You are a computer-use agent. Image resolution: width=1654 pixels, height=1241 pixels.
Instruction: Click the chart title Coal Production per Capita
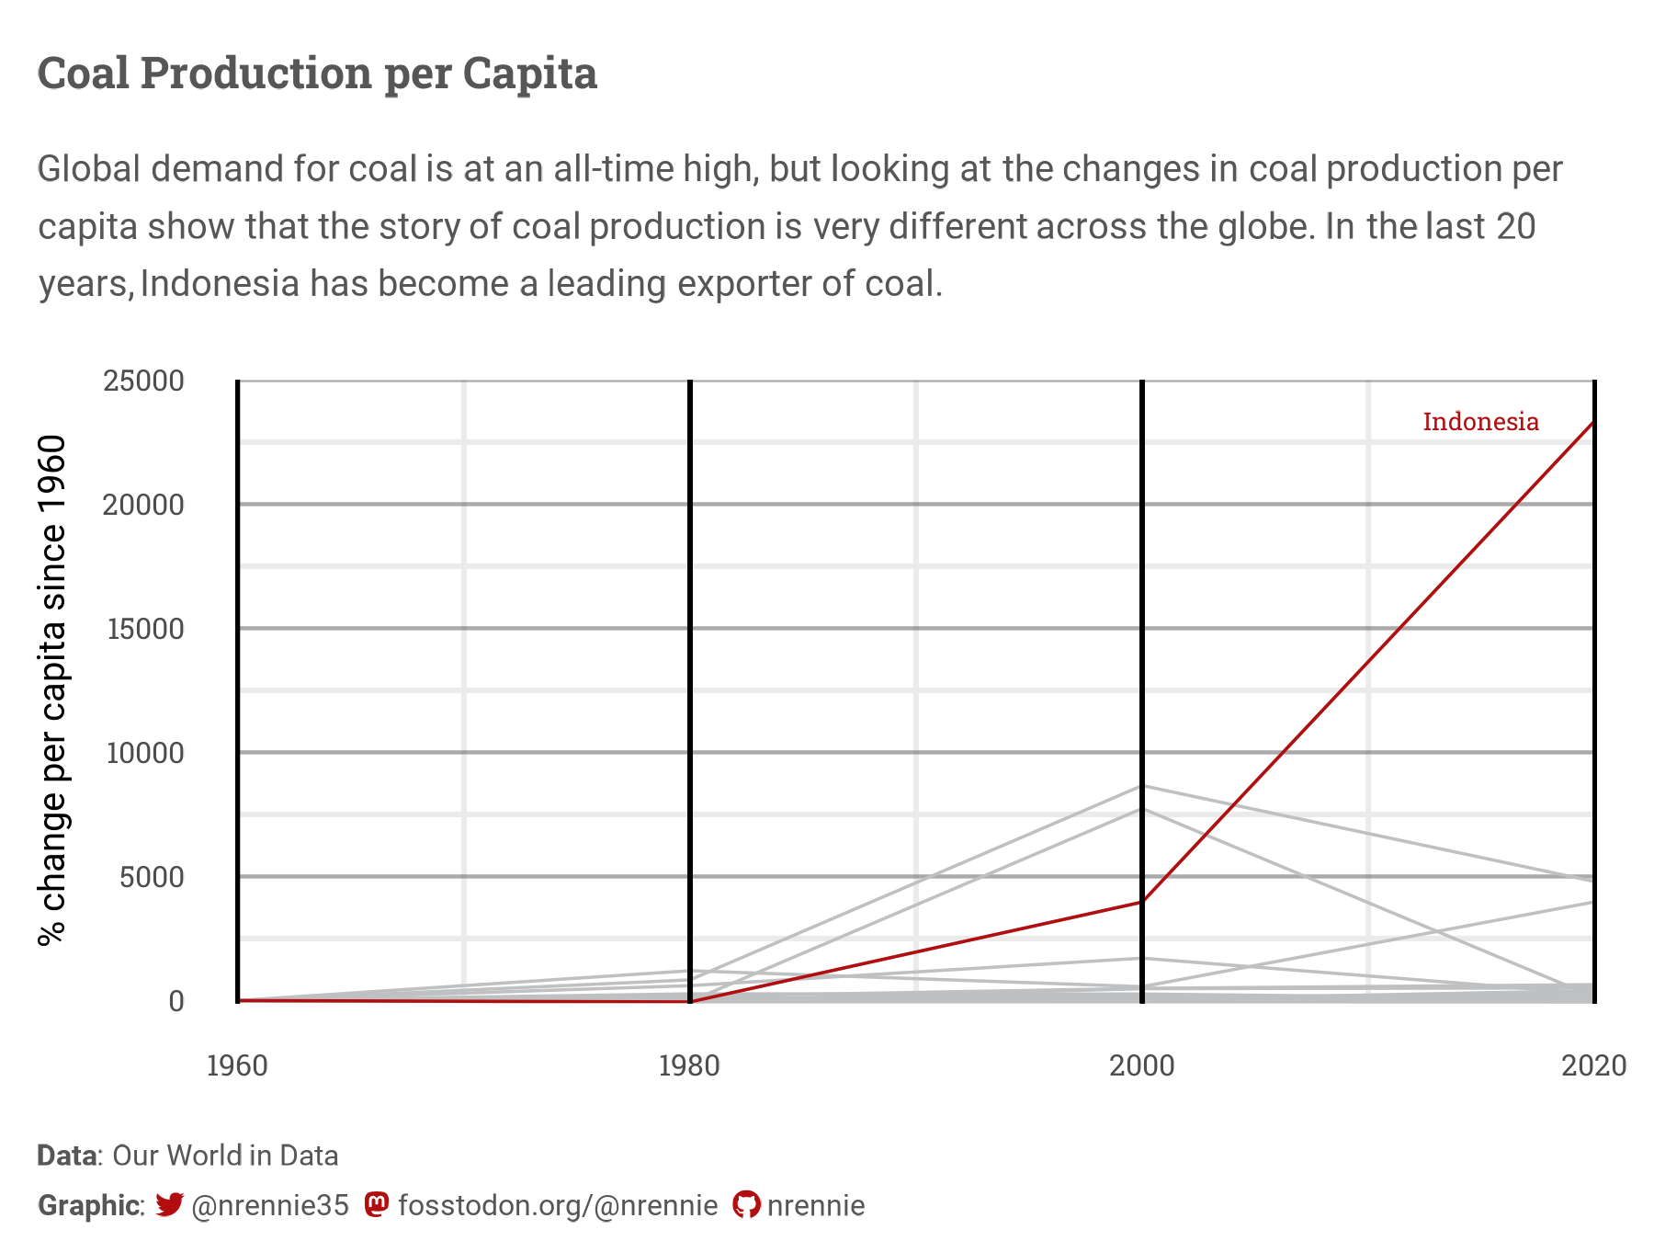[x=317, y=74]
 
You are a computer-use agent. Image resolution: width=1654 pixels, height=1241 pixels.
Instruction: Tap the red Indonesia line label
[x=1480, y=422]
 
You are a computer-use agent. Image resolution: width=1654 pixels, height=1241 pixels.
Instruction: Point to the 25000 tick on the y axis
[x=144, y=381]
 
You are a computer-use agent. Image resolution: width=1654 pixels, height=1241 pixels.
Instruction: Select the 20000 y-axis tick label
[x=144, y=505]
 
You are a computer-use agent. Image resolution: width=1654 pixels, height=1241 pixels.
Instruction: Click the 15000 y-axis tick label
[x=145, y=629]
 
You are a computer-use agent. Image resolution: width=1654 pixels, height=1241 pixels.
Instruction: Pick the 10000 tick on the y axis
[x=145, y=753]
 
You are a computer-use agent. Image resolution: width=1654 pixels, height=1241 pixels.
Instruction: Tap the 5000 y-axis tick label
[x=152, y=877]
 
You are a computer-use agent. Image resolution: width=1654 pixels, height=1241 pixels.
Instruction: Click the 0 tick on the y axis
[x=176, y=1001]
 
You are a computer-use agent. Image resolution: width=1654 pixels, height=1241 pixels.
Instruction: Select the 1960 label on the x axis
[x=237, y=1066]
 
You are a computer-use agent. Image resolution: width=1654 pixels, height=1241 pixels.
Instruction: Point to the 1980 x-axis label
[x=689, y=1066]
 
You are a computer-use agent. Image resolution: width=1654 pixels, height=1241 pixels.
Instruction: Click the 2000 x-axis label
[x=1141, y=1066]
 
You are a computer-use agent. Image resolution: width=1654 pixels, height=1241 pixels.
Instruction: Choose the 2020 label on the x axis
[x=1593, y=1066]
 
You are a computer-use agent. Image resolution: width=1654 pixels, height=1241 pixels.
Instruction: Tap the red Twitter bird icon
[x=170, y=1204]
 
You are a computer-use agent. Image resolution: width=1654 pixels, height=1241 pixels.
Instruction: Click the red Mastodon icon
[x=376, y=1204]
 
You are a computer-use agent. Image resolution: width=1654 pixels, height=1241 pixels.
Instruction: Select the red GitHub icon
[x=746, y=1204]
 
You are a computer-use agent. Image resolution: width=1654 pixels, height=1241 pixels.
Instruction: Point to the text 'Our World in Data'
[x=225, y=1156]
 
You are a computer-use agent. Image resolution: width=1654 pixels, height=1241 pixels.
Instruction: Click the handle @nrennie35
[x=270, y=1205]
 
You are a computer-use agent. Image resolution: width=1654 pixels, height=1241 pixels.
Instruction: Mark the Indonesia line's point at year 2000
[x=1141, y=902]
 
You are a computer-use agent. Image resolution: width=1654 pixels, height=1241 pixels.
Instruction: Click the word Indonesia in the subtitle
[x=220, y=283]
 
